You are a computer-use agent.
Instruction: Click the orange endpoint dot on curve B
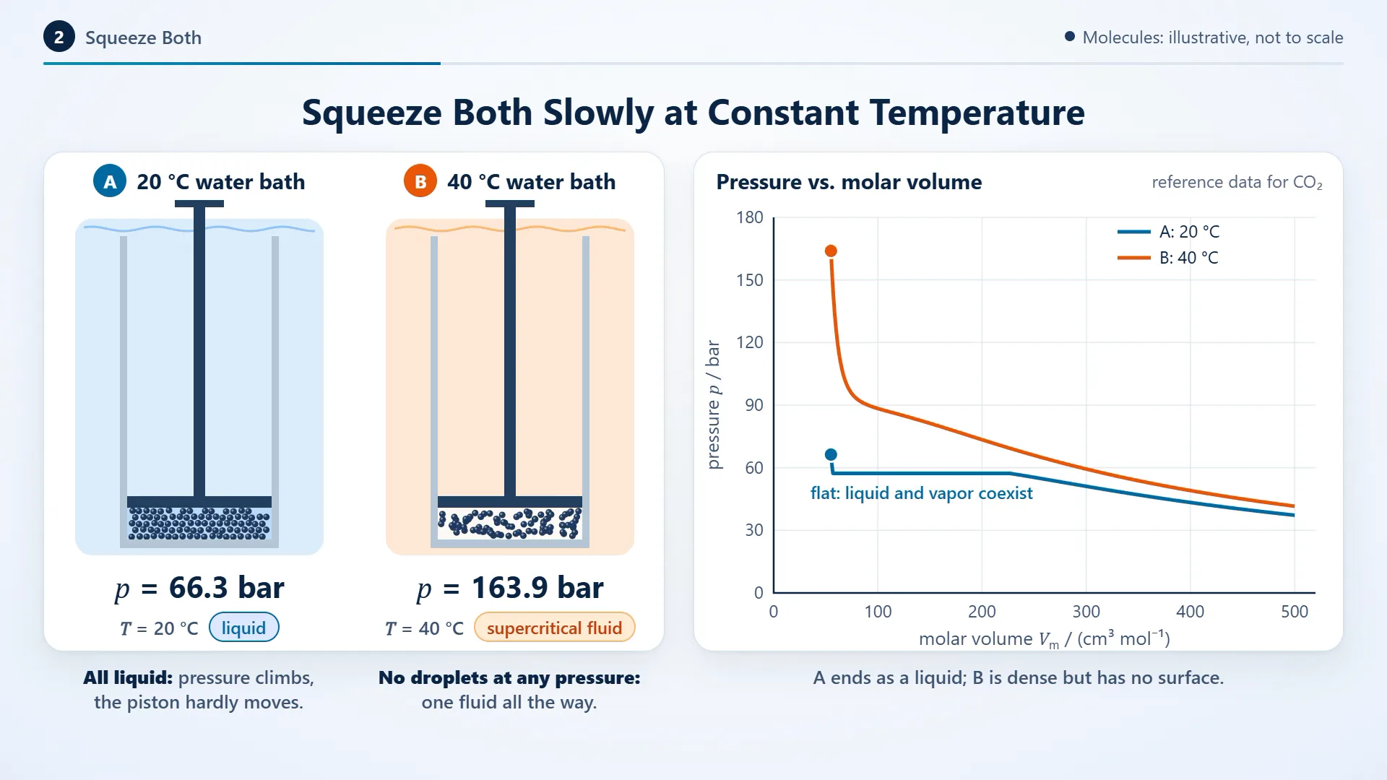click(831, 251)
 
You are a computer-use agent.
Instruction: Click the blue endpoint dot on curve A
click(831, 454)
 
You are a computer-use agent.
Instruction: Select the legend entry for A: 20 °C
click(1168, 232)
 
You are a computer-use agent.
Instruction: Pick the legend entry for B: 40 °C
click(1168, 258)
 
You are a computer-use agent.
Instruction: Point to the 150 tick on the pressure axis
click(749, 280)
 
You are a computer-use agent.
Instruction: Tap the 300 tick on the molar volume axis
click(1086, 612)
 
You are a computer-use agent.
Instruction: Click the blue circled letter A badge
click(110, 181)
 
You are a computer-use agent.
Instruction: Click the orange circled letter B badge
click(420, 181)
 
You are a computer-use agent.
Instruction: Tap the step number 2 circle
click(59, 38)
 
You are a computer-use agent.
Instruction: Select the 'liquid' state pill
click(243, 628)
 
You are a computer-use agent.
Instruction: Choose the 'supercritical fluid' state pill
click(554, 628)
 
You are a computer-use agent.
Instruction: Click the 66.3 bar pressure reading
click(199, 588)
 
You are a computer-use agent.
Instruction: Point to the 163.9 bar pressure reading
click(510, 588)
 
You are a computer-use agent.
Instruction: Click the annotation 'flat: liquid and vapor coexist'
click(921, 493)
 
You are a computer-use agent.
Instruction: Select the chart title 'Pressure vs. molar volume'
click(849, 182)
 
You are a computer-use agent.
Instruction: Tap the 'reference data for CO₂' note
click(1237, 182)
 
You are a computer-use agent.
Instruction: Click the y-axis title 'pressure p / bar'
click(714, 404)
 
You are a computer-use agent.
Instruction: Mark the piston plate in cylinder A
click(199, 502)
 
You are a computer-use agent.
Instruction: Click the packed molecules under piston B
click(510, 524)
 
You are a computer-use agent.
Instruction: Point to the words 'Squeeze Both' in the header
click(143, 38)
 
